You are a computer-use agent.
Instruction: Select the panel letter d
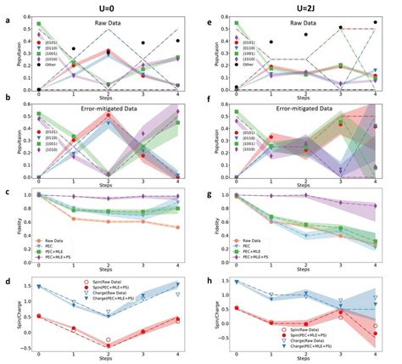coord(8,271)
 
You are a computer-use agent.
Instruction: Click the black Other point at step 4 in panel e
coord(375,23)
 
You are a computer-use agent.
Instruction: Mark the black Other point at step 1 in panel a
coord(74,49)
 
